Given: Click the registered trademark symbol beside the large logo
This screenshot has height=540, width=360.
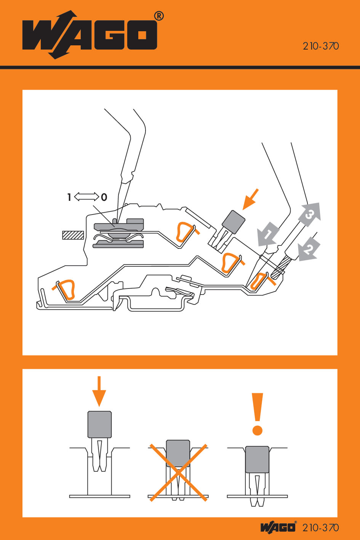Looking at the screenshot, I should pyautogui.click(x=159, y=16).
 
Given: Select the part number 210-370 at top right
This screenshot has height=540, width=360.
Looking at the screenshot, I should pyautogui.click(x=320, y=46).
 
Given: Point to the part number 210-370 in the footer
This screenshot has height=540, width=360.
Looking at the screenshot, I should pyautogui.click(x=320, y=528).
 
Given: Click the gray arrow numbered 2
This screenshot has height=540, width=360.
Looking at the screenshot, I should pyautogui.click(x=309, y=249).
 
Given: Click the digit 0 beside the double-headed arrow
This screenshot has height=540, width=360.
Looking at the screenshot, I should pyautogui.click(x=104, y=197).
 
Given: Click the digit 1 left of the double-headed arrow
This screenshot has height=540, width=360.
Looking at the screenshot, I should pyautogui.click(x=69, y=197).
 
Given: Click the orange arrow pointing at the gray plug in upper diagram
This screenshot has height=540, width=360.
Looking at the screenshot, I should pyautogui.click(x=251, y=199).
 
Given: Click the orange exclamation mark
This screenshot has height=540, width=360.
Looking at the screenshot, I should pyautogui.click(x=258, y=414).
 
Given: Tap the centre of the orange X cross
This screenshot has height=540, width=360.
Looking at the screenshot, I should pyautogui.click(x=178, y=472).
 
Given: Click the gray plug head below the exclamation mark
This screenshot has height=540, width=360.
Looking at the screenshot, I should pyautogui.click(x=257, y=459).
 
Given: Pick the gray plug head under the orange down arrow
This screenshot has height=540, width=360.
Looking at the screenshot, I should pyautogui.click(x=99, y=424).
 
